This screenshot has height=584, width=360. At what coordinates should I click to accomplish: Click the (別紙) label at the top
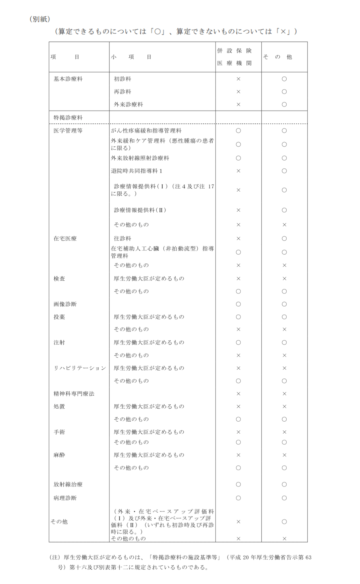click(40, 19)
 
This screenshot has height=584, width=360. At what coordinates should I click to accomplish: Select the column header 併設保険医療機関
click(234, 57)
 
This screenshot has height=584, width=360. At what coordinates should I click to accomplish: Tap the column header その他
click(277, 57)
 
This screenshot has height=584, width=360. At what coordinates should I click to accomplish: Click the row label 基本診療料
click(68, 79)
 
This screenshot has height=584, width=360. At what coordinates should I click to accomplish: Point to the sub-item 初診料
click(122, 79)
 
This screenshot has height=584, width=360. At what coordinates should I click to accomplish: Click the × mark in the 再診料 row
click(238, 92)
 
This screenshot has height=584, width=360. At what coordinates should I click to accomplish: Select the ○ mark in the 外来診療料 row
click(284, 104)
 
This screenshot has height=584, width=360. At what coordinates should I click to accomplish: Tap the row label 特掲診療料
click(68, 118)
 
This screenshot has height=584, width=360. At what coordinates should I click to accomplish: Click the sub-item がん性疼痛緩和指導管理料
click(146, 131)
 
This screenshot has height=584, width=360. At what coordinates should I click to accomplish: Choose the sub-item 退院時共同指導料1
click(137, 171)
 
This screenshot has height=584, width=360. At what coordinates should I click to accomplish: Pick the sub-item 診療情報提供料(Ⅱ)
click(140, 210)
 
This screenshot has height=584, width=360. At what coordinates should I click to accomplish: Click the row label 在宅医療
click(65, 238)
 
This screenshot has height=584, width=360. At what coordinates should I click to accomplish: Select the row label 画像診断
click(65, 304)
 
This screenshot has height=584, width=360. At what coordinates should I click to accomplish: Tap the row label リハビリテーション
click(80, 368)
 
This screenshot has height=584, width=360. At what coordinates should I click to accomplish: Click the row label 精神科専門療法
click(74, 394)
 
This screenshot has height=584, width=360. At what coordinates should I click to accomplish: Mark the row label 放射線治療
click(68, 484)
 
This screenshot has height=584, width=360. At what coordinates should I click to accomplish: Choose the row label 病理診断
click(65, 498)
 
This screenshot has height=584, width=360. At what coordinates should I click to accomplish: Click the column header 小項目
click(131, 57)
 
